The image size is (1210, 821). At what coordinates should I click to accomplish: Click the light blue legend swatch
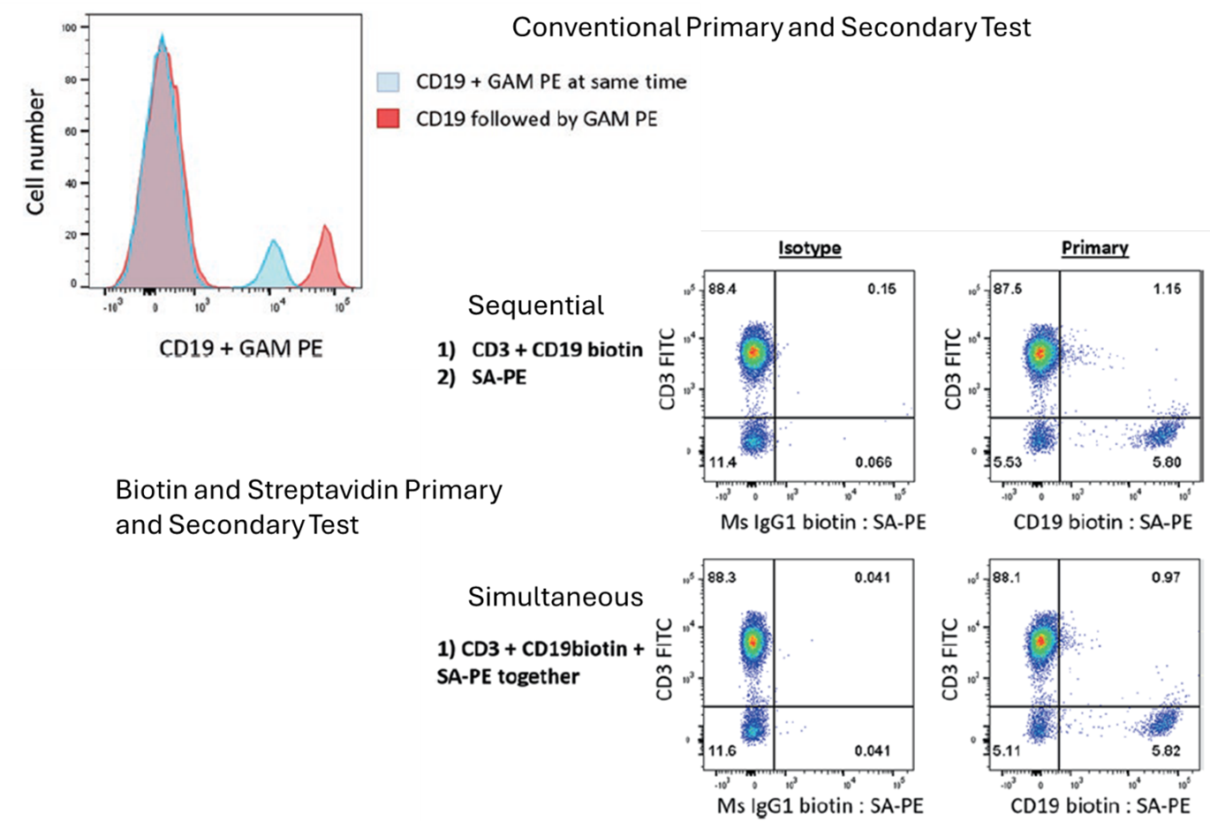click(x=388, y=82)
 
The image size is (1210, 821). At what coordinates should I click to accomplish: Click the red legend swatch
click(x=388, y=118)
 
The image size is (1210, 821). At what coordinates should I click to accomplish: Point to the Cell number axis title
click(x=35, y=152)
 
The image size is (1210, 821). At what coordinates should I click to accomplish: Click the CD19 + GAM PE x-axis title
click(x=241, y=348)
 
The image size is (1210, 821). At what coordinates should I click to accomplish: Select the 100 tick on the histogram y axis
click(x=70, y=27)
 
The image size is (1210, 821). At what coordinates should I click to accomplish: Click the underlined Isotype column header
click(x=809, y=248)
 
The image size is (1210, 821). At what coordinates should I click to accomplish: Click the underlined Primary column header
click(x=1094, y=248)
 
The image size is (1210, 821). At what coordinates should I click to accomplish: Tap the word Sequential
click(x=535, y=305)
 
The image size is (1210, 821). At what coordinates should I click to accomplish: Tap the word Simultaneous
click(x=555, y=597)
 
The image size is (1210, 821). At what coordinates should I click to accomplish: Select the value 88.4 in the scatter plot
click(x=723, y=288)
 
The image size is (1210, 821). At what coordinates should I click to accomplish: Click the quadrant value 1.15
click(x=1166, y=288)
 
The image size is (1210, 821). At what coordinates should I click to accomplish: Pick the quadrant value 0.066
click(x=873, y=462)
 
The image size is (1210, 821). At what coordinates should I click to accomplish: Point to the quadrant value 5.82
click(x=1166, y=750)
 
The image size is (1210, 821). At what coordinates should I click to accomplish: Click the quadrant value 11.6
click(x=722, y=750)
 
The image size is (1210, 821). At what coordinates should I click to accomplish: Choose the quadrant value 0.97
click(x=1166, y=577)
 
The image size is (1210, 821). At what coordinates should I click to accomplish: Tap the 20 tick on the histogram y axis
click(x=70, y=235)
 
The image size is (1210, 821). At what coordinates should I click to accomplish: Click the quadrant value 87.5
click(x=1008, y=288)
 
